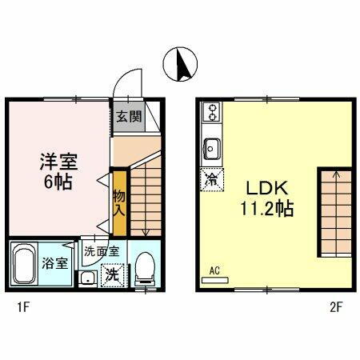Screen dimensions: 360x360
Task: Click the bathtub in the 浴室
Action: point(26,266)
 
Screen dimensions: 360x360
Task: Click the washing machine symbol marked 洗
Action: point(113,274)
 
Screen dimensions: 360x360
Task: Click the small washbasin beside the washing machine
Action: point(86,278)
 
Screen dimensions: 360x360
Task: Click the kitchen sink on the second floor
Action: point(213,148)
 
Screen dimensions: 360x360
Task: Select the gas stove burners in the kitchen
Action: point(212,111)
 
